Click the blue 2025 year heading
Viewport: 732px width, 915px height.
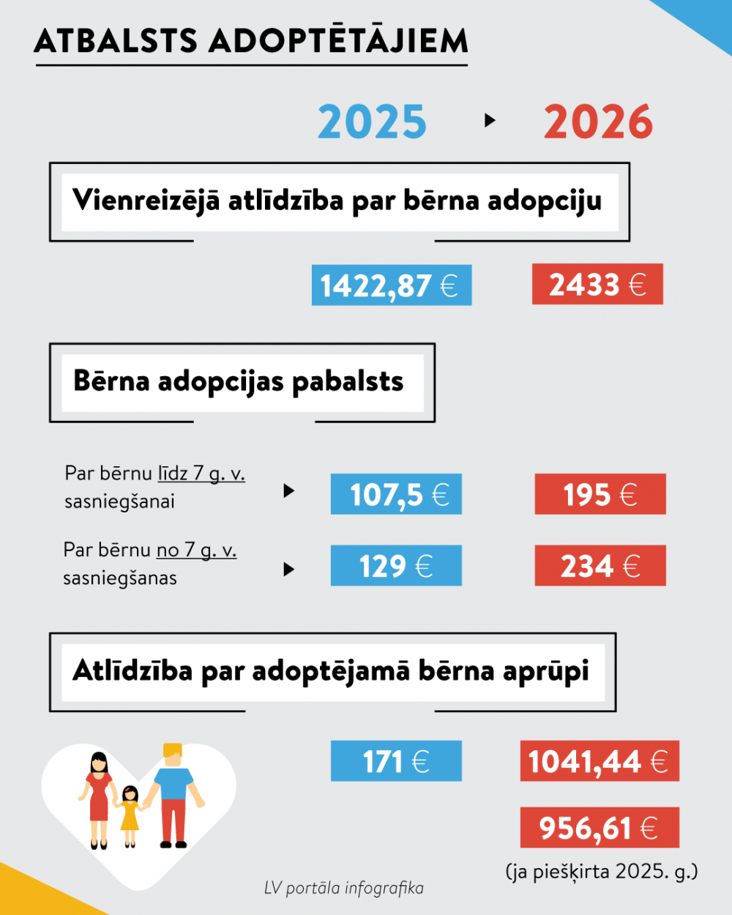pyautogui.click(x=372, y=122)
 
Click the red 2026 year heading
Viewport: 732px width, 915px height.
pyautogui.click(x=598, y=122)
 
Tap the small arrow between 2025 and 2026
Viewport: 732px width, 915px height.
pyautogui.click(x=490, y=121)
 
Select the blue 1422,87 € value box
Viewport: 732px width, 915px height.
pyautogui.click(x=392, y=285)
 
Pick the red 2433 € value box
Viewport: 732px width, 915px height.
pyautogui.click(x=597, y=284)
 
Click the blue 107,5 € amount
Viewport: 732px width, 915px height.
pyautogui.click(x=396, y=494)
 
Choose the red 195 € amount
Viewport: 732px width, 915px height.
pyautogui.click(x=600, y=494)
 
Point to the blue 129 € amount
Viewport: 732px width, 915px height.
pyautogui.click(x=396, y=566)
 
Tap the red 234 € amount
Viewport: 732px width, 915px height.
pyautogui.click(x=600, y=566)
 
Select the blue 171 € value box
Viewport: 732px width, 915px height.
pyautogui.click(x=396, y=761)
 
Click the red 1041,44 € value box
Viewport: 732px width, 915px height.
pyautogui.click(x=600, y=761)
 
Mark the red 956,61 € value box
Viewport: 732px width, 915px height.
pyautogui.click(x=600, y=828)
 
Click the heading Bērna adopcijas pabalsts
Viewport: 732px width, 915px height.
pyautogui.click(x=239, y=381)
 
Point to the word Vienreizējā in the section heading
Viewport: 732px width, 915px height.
pyautogui.click(x=146, y=200)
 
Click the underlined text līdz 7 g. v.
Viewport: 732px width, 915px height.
pyautogui.click(x=201, y=474)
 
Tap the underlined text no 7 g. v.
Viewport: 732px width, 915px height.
pyautogui.click(x=196, y=550)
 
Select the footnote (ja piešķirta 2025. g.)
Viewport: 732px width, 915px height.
pyautogui.click(x=601, y=871)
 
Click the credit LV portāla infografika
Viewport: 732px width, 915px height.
pyautogui.click(x=344, y=888)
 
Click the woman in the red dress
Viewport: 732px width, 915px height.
pyautogui.click(x=99, y=798)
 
